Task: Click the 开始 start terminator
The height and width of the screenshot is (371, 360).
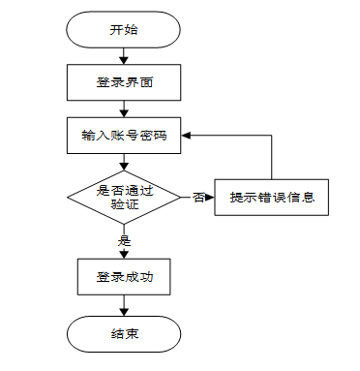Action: tap(123, 30)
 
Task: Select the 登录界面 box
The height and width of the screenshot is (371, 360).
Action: tap(124, 82)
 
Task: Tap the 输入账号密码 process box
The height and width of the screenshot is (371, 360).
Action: tap(124, 136)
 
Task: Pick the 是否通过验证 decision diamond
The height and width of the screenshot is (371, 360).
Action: tap(124, 198)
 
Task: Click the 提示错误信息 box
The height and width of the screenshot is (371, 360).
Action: tap(272, 198)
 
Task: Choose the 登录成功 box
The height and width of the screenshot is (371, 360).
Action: tap(124, 277)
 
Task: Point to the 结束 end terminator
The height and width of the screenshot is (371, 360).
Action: tap(124, 334)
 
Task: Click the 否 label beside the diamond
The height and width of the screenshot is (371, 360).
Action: tap(198, 198)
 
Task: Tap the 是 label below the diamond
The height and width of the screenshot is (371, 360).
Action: tap(124, 240)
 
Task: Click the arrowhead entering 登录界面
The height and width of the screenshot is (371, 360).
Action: tap(124, 60)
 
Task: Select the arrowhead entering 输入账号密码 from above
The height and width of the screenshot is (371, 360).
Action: tap(124, 113)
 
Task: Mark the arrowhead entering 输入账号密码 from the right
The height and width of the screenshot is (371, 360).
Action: tap(186, 136)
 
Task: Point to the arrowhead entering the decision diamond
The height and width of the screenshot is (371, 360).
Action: tap(124, 167)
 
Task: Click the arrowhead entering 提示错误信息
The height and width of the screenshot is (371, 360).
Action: tap(210, 198)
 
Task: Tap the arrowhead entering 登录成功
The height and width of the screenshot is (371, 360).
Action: tap(124, 255)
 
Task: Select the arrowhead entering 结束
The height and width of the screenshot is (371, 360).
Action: tap(124, 312)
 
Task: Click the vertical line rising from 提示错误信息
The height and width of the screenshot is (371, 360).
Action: tap(272, 157)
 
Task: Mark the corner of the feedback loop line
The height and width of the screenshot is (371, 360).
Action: tap(272, 136)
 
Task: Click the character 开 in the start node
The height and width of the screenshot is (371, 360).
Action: tap(116, 30)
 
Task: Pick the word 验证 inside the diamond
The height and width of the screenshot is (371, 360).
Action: tap(125, 204)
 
